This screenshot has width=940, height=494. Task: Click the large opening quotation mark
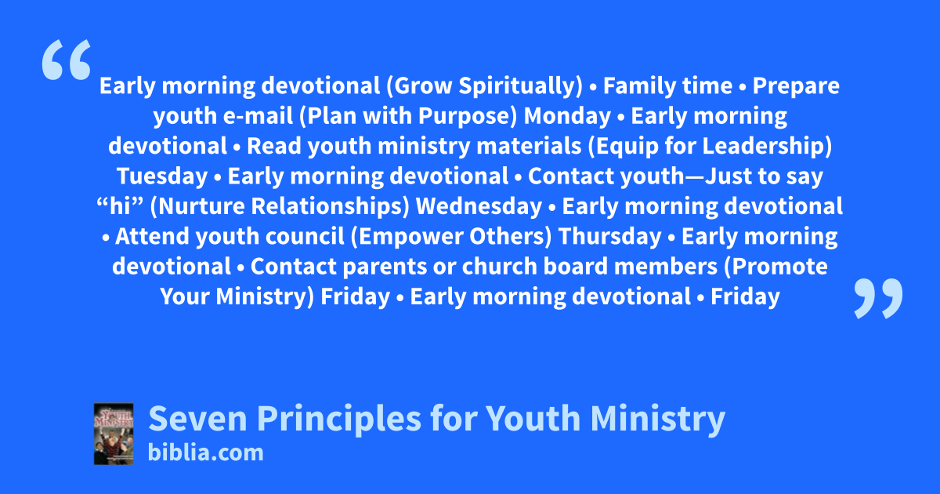(x=67, y=60)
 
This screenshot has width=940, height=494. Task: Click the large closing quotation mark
(x=878, y=298)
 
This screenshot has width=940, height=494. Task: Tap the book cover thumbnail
(x=114, y=434)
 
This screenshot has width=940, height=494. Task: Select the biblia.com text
(x=205, y=453)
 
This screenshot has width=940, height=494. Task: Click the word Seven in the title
(x=198, y=419)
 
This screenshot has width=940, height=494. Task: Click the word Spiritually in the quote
(x=520, y=86)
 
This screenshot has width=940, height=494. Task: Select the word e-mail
(x=258, y=115)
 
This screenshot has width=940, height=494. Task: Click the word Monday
(x=567, y=116)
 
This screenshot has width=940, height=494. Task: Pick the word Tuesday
(x=162, y=176)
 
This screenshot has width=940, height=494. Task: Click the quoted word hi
(x=120, y=207)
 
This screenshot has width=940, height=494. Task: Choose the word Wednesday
(x=479, y=207)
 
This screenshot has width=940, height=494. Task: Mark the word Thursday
(x=609, y=237)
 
